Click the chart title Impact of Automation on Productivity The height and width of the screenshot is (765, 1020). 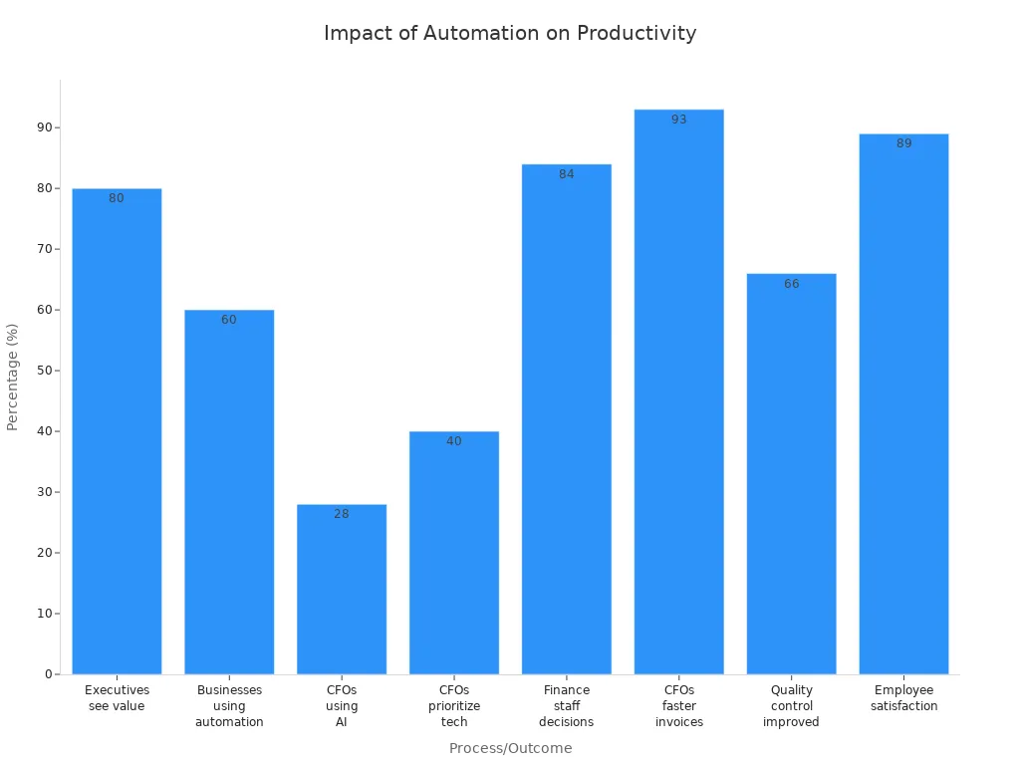pyautogui.click(x=510, y=33)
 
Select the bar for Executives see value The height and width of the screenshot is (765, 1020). pyautogui.click(x=117, y=438)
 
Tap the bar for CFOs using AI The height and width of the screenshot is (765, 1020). pyautogui.click(x=342, y=593)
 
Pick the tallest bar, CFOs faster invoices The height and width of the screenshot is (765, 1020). pyautogui.click(x=678, y=398)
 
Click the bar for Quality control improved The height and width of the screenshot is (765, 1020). pyautogui.click(x=791, y=478)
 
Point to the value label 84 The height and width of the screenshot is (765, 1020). pyautogui.click(x=566, y=174)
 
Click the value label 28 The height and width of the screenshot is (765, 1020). pyautogui.click(x=342, y=514)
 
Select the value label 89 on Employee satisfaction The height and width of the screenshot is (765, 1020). pyautogui.click(x=903, y=143)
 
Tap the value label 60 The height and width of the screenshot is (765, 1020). pyautogui.click(x=229, y=320)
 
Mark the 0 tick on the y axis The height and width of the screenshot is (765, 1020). pyautogui.click(x=48, y=674)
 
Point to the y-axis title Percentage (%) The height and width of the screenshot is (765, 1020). pyautogui.click(x=13, y=377)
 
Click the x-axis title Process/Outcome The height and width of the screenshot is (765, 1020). pyautogui.click(x=510, y=748)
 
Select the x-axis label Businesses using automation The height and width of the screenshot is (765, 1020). pyautogui.click(x=229, y=705)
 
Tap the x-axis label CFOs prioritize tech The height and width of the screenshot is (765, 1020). pyautogui.click(x=454, y=705)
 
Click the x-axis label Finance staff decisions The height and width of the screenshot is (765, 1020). pyautogui.click(x=566, y=705)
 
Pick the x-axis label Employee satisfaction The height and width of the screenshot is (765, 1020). pyautogui.click(x=903, y=697)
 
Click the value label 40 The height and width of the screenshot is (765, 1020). pyautogui.click(x=454, y=441)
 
